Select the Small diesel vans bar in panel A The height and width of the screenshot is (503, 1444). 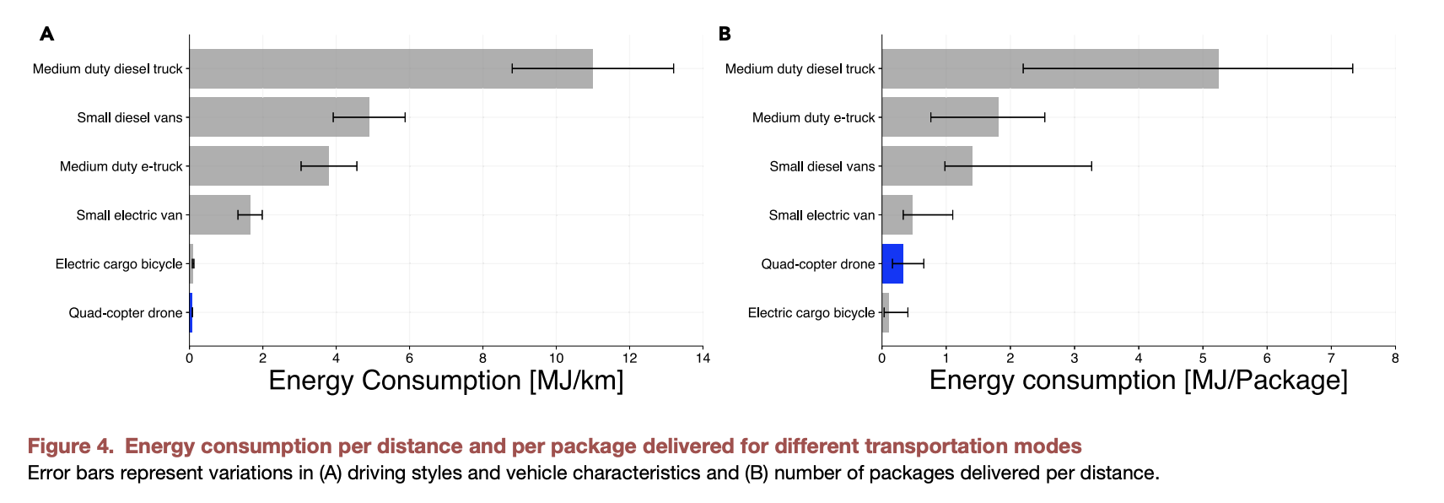tap(279, 117)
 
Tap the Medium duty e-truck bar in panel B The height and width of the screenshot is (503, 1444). tap(940, 117)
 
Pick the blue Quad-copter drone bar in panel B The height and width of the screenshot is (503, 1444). tap(892, 264)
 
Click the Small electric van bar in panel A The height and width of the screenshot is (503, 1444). tap(219, 215)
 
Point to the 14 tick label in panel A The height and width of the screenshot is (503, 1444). tap(703, 358)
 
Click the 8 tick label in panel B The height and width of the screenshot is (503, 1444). tap(1395, 358)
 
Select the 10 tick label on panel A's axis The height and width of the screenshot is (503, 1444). tap(556, 358)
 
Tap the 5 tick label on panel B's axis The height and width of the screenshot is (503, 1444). tap(1203, 358)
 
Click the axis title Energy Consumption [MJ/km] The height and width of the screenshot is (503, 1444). tap(445, 381)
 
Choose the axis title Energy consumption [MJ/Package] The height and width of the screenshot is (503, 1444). tap(1138, 381)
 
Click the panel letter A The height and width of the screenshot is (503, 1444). tap(47, 34)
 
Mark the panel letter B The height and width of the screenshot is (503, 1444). tap(725, 34)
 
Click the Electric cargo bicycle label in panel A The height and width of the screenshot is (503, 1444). tap(119, 264)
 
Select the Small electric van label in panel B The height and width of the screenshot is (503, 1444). tap(822, 215)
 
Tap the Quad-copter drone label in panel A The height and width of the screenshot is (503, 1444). tap(126, 313)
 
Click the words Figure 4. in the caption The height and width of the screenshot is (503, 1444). tap(71, 446)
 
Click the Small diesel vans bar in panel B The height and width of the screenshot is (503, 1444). tap(927, 166)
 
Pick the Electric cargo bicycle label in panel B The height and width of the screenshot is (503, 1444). tap(811, 313)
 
